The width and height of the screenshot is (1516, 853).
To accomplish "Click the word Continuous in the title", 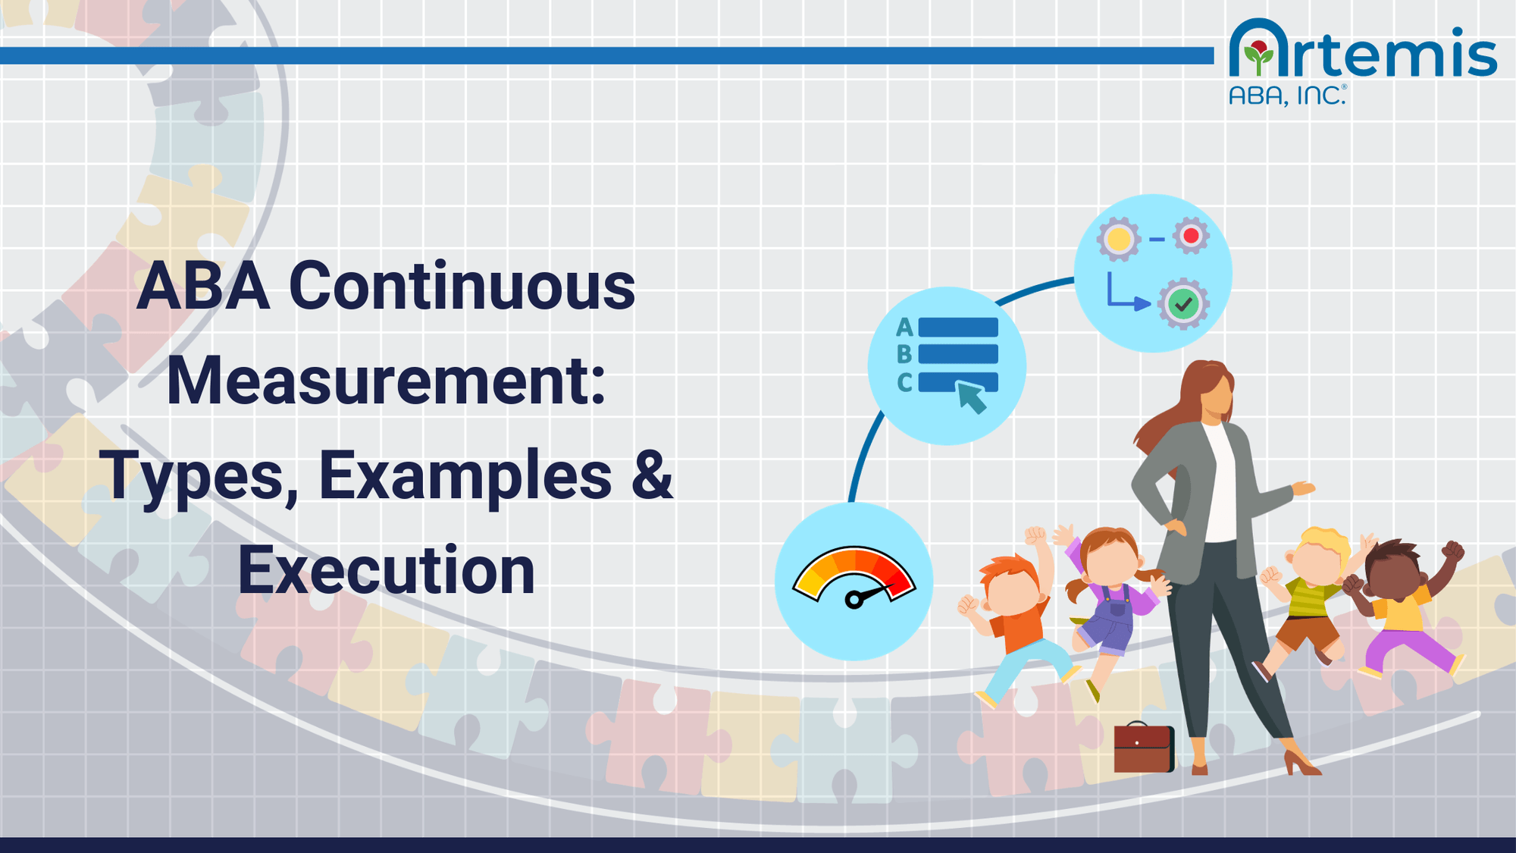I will pyautogui.click(x=462, y=287).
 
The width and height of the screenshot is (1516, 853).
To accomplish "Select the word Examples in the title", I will pyautogui.click(x=465, y=476).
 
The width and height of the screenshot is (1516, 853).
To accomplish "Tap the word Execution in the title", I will pyautogui.click(x=387, y=570).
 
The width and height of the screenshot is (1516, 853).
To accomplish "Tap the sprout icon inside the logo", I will pyautogui.click(x=1260, y=57).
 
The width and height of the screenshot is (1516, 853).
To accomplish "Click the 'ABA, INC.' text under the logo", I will pyautogui.click(x=1286, y=96).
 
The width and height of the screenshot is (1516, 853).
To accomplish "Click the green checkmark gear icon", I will pyautogui.click(x=1182, y=305).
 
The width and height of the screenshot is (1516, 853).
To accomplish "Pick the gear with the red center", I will pyautogui.click(x=1191, y=236).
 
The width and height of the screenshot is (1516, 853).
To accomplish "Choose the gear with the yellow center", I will pyautogui.click(x=1119, y=240).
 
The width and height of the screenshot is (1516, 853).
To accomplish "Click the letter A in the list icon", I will pyautogui.click(x=904, y=328).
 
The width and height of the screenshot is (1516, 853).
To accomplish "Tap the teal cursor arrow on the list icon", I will pyautogui.click(x=972, y=397).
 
